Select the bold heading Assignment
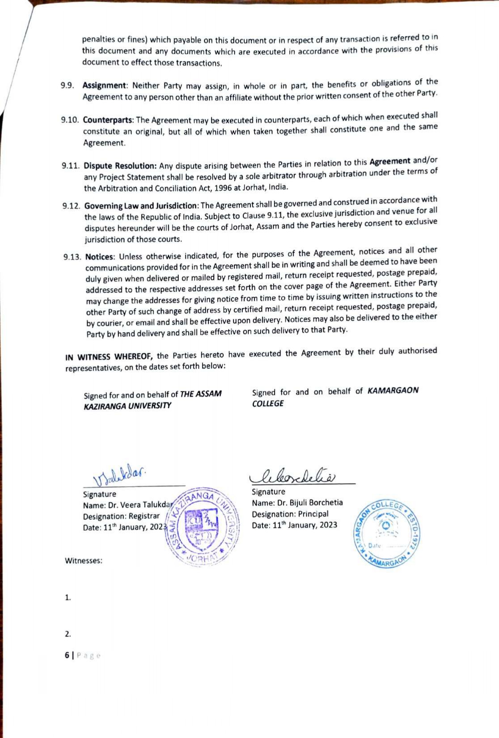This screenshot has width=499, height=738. [105, 85]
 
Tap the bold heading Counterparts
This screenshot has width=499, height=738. [108, 120]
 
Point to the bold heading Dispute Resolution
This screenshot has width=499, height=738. [120, 166]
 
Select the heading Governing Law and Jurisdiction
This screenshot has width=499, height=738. [141, 206]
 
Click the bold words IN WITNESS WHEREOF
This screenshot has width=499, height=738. [110, 356]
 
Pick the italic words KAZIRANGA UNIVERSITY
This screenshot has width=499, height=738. [127, 406]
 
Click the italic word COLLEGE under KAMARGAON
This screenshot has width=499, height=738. [268, 403]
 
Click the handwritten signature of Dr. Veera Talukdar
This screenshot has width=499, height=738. [119, 475]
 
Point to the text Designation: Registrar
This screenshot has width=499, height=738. [121, 516]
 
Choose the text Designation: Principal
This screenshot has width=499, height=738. [290, 514]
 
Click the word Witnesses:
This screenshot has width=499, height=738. [84, 561]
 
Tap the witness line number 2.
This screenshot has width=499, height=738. [68, 634]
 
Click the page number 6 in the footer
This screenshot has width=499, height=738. [67, 655]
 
